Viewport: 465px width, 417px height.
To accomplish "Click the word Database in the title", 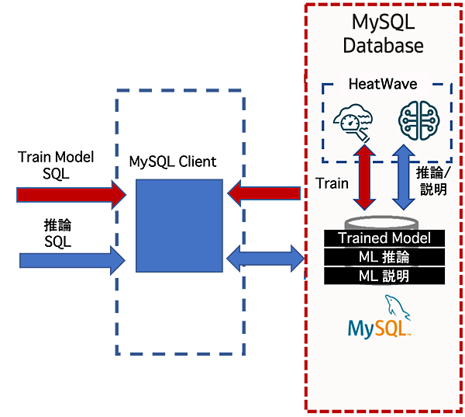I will pos(384,46).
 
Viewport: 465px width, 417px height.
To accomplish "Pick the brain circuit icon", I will pos(412,120).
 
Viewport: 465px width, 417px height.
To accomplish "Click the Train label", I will pos(331,183).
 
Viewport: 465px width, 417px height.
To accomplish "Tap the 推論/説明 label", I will pos(432,180).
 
